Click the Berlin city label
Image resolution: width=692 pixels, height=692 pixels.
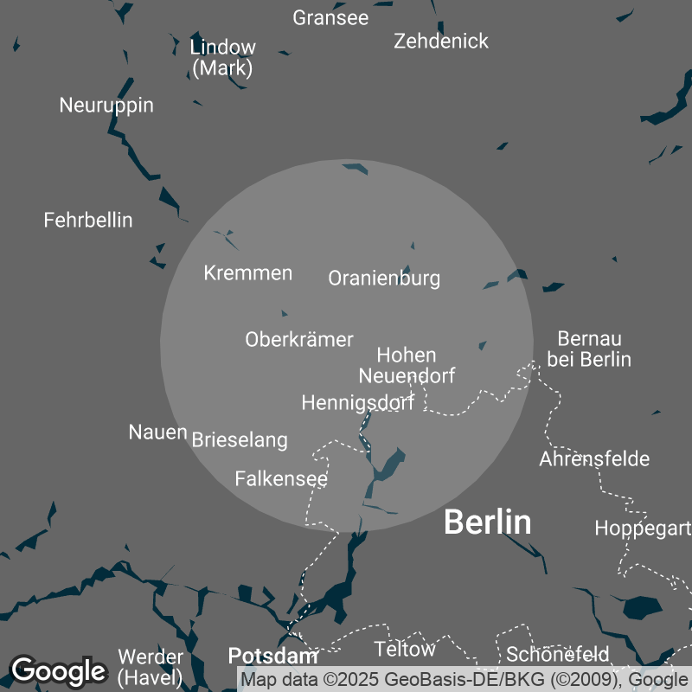tap(487, 522)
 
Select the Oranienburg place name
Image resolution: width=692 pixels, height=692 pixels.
tap(384, 278)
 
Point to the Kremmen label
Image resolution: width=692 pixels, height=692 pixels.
tap(248, 273)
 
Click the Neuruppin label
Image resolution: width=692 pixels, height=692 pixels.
tap(106, 106)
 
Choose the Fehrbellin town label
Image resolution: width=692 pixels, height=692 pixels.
tap(88, 220)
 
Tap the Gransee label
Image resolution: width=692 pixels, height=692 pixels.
tap(330, 17)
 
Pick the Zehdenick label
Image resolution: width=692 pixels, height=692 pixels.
tap(441, 41)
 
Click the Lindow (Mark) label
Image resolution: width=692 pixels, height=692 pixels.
tap(223, 57)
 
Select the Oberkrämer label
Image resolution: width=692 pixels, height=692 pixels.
tap(299, 339)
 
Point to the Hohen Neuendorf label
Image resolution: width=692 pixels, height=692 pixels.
tap(407, 365)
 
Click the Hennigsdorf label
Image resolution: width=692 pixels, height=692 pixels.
tap(357, 402)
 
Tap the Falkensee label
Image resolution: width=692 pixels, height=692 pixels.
tap(281, 478)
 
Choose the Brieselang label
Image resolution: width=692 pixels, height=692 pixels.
tap(240, 439)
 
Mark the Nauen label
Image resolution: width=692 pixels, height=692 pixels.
tap(157, 432)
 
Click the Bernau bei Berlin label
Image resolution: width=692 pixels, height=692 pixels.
tap(589, 349)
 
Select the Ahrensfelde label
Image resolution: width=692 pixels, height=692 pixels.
tap(594, 458)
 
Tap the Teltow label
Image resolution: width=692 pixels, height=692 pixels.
tap(405, 649)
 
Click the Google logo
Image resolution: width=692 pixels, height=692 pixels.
tap(58, 670)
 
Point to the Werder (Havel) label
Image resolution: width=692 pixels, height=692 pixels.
tap(151, 666)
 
